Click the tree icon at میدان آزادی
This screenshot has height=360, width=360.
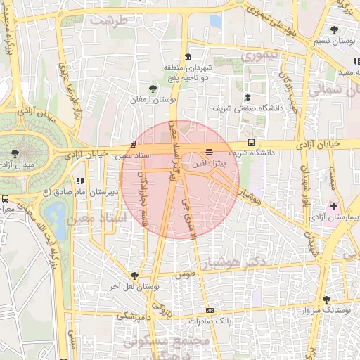[16, 152]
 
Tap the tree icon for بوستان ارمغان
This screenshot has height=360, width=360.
[153, 89]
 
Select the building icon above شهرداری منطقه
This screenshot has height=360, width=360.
[187, 58]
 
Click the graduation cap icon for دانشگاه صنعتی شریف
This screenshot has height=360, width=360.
[247, 98]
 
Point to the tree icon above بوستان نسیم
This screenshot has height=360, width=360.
[333, 30]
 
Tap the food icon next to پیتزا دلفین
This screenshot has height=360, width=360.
[209, 153]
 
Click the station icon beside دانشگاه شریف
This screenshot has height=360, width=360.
[251, 143]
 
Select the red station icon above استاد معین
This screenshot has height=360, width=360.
[134, 143]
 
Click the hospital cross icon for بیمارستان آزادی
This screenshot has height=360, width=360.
[333, 207]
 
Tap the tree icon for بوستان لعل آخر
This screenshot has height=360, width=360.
[134, 275]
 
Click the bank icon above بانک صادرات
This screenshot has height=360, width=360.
[209, 310]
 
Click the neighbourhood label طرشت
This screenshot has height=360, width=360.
[113, 20]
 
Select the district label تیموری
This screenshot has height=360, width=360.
[259, 54]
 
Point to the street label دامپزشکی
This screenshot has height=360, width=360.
[131, 316]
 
